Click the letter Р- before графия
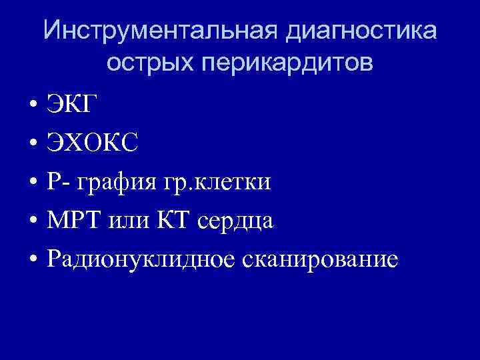coord(58,181)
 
